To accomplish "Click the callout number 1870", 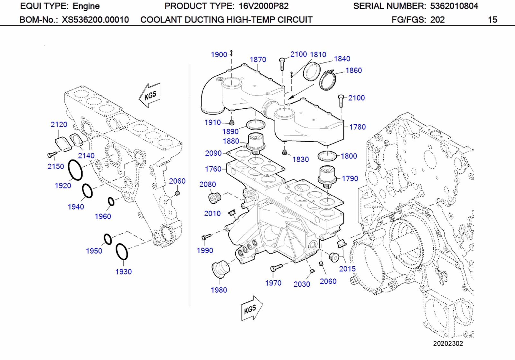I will (x=258, y=60).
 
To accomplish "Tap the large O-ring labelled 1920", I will (x=76, y=170).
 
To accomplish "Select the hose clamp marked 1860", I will (x=328, y=80).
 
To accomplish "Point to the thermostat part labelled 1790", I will (x=327, y=177).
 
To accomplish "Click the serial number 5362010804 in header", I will (x=454, y=6).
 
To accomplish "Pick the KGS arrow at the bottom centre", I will (x=251, y=309).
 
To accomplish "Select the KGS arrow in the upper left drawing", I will (x=150, y=95).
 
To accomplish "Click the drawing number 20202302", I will (x=448, y=343).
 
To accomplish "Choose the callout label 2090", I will (x=213, y=153).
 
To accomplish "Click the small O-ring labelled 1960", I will (x=111, y=201).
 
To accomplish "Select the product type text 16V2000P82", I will (x=264, y=6).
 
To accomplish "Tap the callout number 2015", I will (x=347, y=269).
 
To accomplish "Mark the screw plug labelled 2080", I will (x=214, y=198).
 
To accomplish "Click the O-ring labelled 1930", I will (x=122, y=252).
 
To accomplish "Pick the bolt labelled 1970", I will (x=276, y=267).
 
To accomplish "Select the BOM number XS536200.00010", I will (x=95, y=20).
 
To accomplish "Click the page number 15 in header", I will (x=492, y=20).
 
